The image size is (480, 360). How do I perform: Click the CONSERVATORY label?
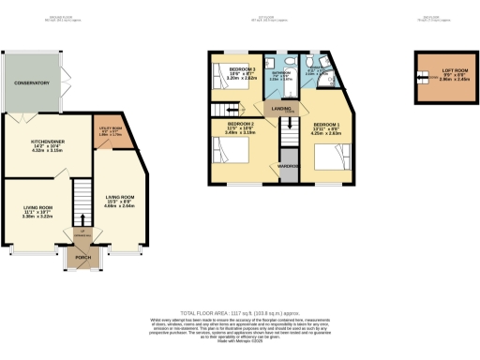point(31,83)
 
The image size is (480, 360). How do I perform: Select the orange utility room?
point(104,128)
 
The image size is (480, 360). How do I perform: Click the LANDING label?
point(280,110)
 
